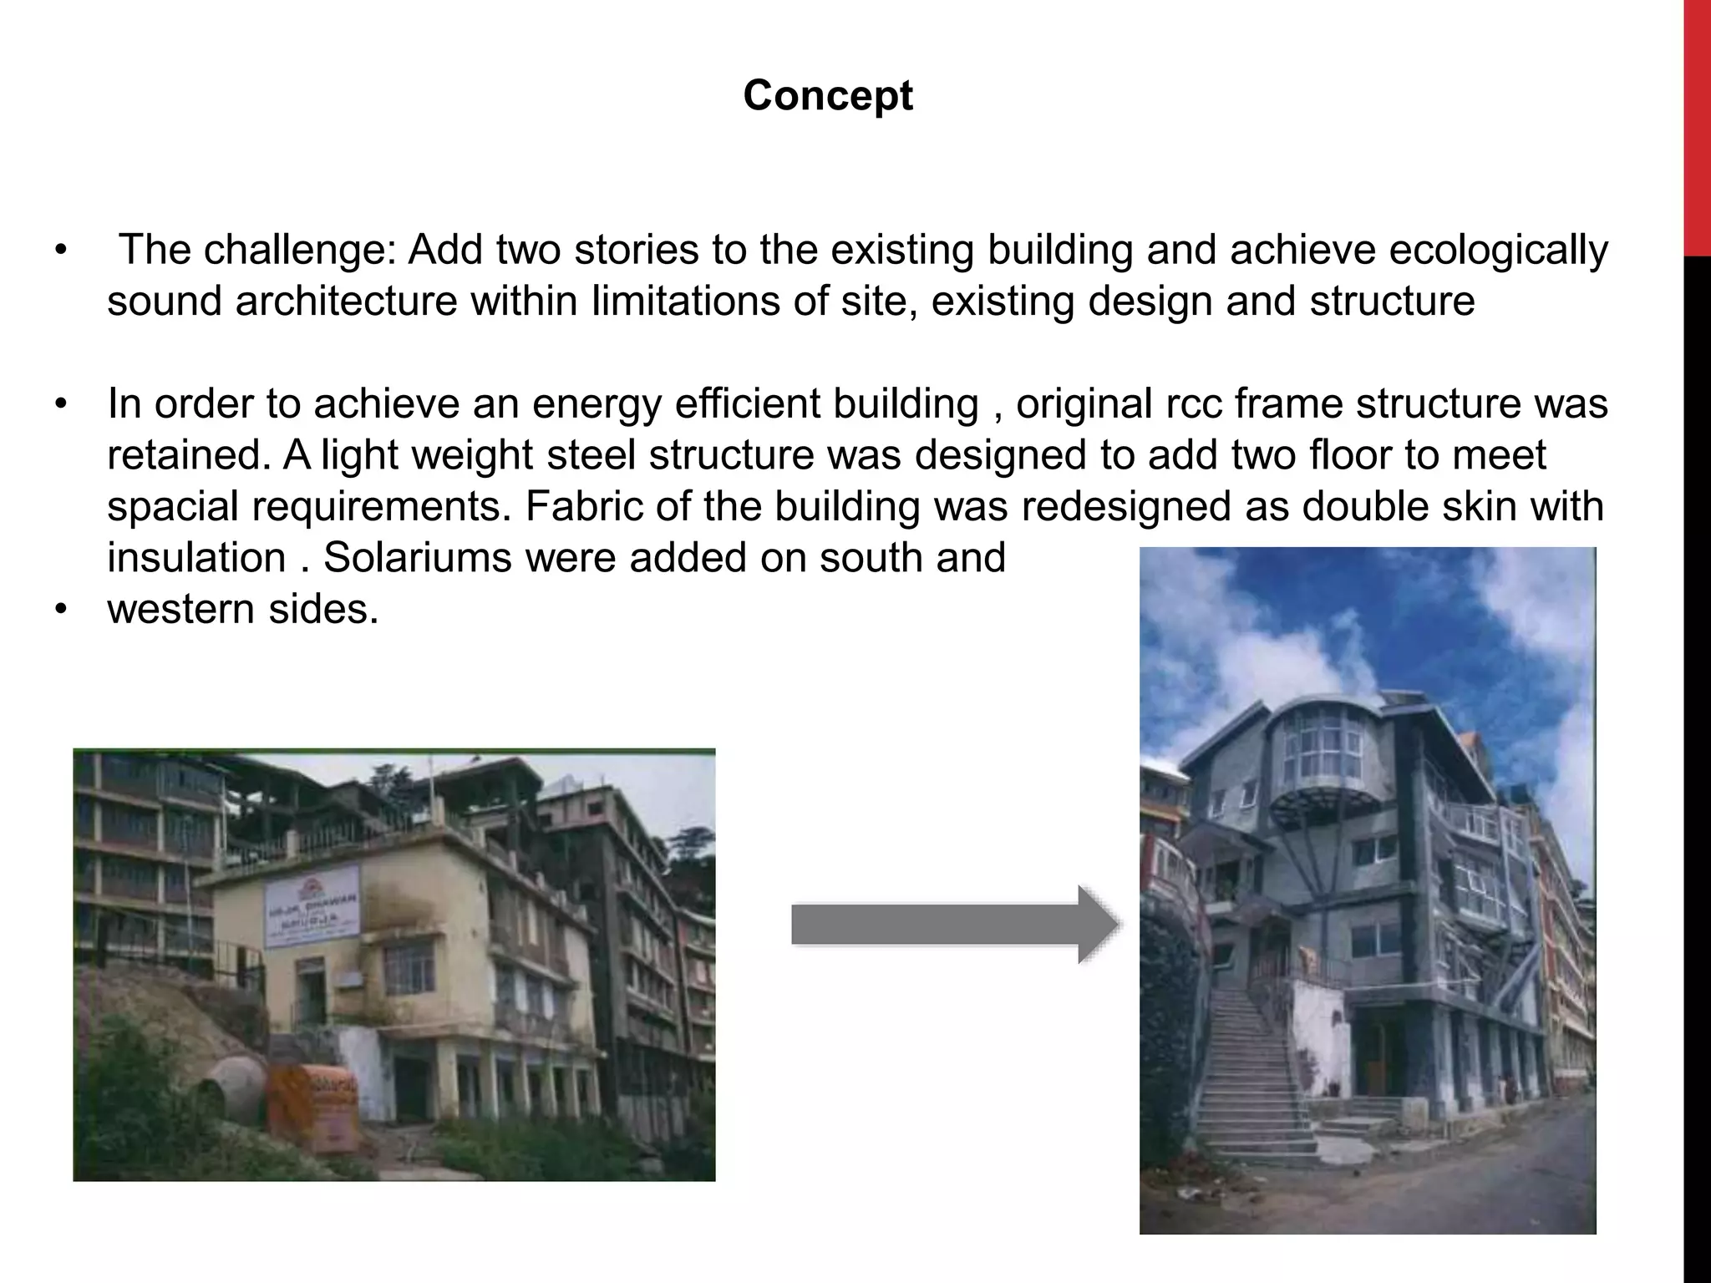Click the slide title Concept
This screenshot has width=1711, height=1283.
tap(827, 95)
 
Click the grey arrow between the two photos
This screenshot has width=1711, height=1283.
tap(952, 925)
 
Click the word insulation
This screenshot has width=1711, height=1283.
tap(196, 557)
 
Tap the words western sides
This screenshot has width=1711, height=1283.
tap(242, 609)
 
